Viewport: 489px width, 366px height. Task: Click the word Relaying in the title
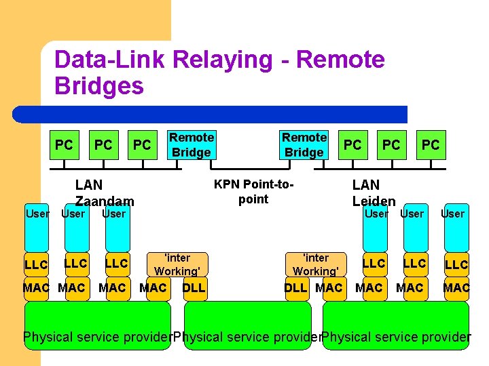pyautogui.click(x=223, y=60)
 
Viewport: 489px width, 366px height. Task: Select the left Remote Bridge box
pyautogui.click(x=192, y=145)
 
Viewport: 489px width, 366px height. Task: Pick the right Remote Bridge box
pyautogui.click(x=304, y=145)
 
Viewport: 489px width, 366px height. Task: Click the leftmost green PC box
pyautogui.click(x=65, y=145)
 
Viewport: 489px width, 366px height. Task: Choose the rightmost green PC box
pyautogui.click(x=431, y=145)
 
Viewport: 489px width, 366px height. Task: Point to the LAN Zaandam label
pyautogui.click(x=105, y=193)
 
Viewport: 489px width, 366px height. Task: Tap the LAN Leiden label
pyautogui.click(x=374, y=193)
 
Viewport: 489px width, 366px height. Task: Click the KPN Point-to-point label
pyautogui.click(x=253, y=191)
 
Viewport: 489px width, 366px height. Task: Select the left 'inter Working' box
pyautogui.click(x=177, y=264)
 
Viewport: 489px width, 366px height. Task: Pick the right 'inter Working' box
pyautogui.click(x=316, y=264)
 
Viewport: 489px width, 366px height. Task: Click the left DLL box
pyautogui.click(x=195, y=289)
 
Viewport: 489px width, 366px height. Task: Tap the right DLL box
pyautogui.click(x=297, y=289)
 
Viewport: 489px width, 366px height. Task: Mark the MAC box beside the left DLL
pyautogui.click(x=158, y=289)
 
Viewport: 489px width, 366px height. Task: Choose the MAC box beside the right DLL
pyautogui.click(x=335, y=289)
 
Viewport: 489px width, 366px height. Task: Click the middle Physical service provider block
pyautogui.click(x=248, y=325)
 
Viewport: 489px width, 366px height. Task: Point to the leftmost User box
pyautogui.click(x=37, y=228)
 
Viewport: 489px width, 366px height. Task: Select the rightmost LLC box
pyautogui.click(x=456, y=264)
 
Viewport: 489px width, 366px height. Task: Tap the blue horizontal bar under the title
pyautogui.click(x=210, y=115)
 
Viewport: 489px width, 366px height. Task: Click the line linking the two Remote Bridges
pyautogui.click(x=250, y=169)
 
